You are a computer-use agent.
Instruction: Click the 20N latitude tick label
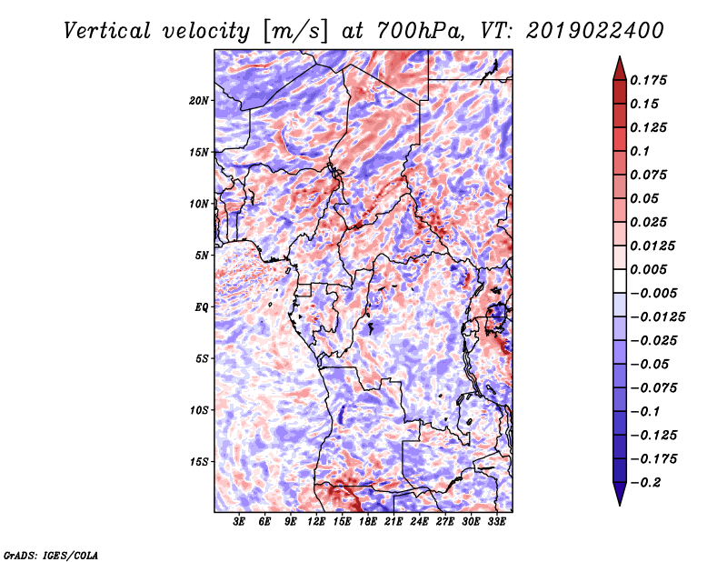(x=198, y=101)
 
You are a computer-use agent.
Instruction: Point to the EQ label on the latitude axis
(x=201, y=307)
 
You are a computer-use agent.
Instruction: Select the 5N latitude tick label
(x=202, y=256)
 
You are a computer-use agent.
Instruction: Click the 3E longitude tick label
(x=239, y=522)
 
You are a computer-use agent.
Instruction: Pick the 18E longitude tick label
(x=368, y=522)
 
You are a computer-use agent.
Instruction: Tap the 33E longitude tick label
(x=496, y=522)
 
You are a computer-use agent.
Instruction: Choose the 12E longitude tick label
(x=316, y=522)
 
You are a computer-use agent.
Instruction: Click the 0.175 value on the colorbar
(x=648, y=80)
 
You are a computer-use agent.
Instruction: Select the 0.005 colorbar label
(x=648, y=269)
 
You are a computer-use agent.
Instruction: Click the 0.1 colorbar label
(x=640, y=151)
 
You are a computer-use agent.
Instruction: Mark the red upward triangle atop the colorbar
(x=620, y=69)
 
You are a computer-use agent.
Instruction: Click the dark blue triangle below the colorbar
(x=620, y=494)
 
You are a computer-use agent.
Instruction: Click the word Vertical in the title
(x=107, y=31)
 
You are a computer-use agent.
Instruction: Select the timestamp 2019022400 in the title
(x=595, y=31)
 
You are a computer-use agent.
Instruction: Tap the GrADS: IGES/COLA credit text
(x=51, y=555)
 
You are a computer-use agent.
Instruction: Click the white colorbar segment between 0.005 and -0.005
(x=620, y=281)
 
